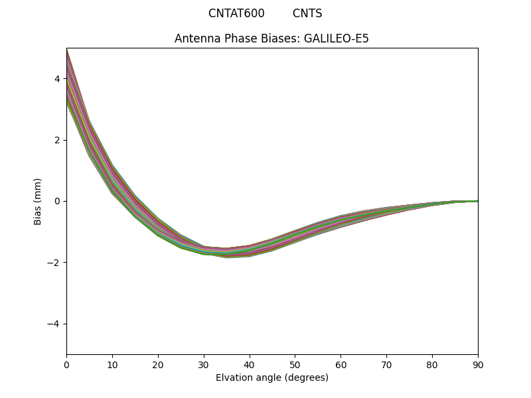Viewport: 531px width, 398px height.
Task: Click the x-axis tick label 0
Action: (x=66, y=364)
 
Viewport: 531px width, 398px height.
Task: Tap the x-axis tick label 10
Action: (x=112, y=364)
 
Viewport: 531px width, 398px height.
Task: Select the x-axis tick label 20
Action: (x=158, y=364)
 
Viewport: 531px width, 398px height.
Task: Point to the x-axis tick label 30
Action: (x=204, y=364)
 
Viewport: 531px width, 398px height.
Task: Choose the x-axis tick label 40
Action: (x=250, y=364)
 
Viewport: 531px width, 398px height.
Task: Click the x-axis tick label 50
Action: (x=295, y=364)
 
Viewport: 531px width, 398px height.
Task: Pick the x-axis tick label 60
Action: (x=341, y=364)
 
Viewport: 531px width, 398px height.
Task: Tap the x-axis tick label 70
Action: (x=386, y=364)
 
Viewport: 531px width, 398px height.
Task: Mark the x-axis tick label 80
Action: (x=432, y=364)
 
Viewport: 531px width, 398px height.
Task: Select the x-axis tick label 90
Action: (x=478, y=364)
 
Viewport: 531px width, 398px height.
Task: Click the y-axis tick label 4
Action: (x=57, y=78)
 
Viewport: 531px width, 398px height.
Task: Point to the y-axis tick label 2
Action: (x=57, y=140)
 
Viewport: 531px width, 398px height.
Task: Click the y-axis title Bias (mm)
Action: (x=38, y=201)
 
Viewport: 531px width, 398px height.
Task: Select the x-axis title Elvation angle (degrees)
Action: (x=272, y=377)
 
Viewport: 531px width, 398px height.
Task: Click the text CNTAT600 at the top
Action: (x=236, y=13)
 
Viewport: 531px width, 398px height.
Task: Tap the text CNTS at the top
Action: (x=307, y=13)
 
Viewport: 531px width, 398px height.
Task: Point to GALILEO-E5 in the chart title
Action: (x=337, y=38)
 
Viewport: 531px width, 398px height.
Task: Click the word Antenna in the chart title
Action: (x=196, y=38)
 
